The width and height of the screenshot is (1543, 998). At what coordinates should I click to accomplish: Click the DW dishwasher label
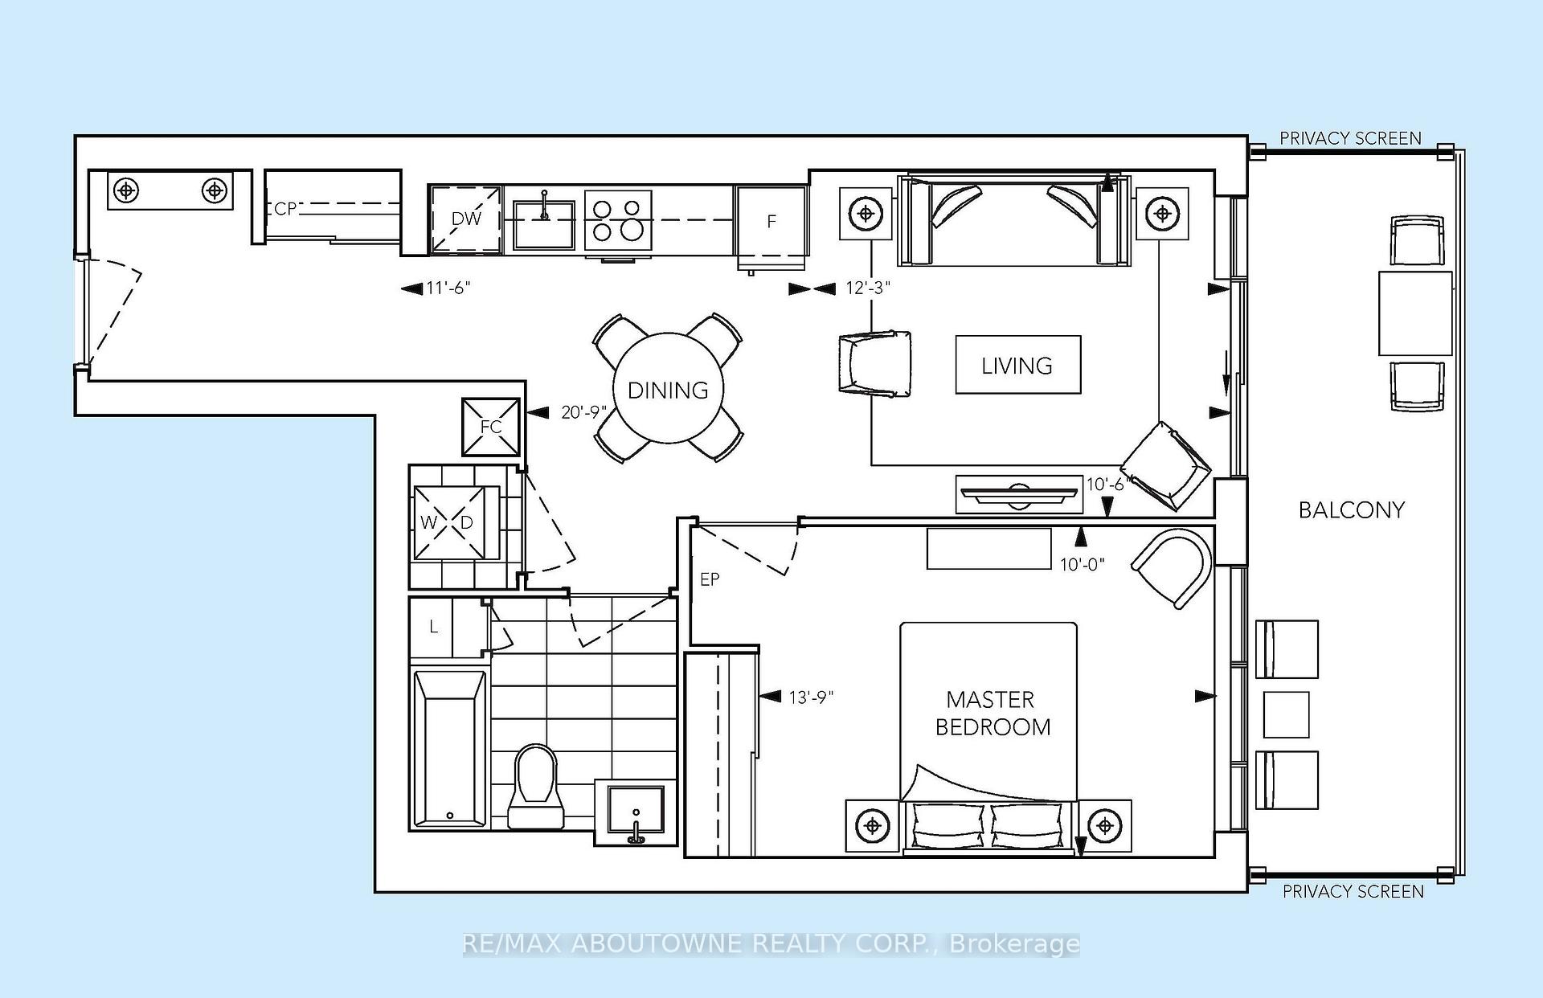pos(466,219)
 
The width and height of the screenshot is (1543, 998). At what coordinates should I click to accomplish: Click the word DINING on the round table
pos(668,391)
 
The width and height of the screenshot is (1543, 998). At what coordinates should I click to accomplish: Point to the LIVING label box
pos(1017,365)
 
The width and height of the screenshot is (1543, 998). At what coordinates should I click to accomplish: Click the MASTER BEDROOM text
pos(993,714)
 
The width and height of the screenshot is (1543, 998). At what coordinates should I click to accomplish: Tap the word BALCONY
pos(1352,510)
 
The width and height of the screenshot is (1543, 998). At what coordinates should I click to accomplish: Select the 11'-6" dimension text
pos(448,288)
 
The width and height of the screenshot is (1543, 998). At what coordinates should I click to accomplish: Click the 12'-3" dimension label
pos(868,288)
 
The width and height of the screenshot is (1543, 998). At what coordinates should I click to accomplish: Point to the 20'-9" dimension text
pos(583,412)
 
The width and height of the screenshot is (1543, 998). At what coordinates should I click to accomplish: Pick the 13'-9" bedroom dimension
pos(811,697)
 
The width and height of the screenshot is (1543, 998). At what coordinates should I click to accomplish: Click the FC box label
pos(491,427)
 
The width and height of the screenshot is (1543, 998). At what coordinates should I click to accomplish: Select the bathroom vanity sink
pos(636,811)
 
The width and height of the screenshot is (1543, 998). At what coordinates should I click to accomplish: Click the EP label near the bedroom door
pos(710,579)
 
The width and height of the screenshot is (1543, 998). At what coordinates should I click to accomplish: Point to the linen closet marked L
pos(434,627)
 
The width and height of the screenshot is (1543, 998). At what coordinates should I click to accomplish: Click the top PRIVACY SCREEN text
pos(1350,138)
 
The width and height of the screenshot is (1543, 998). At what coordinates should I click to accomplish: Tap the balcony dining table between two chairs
pos(1415,313)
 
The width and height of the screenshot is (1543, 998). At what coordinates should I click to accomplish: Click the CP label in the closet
pos(285,209)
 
